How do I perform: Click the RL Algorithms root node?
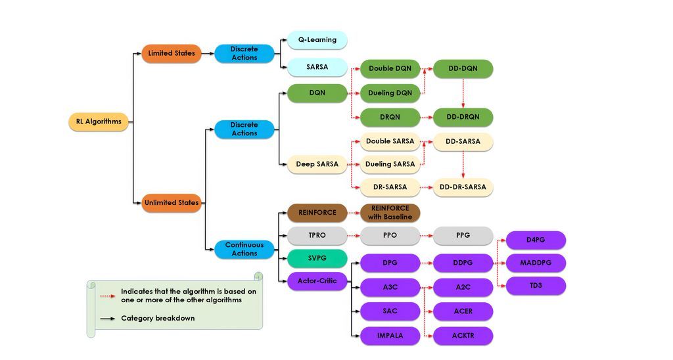click(x=99, y=122)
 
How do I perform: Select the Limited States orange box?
click(x=172, y=53)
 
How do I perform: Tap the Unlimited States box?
click(x=172, y=203)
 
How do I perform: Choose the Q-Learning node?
click(x=317, y=40)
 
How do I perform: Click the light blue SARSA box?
click(x=317, y=67)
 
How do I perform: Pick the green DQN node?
click(x=317, y=93)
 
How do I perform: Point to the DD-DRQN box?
click(x=463, y=118)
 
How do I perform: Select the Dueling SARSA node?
click(x=390, y=164)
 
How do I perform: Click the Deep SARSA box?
click(x=317, y=164)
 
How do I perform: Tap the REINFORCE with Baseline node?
click(x=390, y=213)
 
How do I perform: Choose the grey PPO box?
click(x=390, y=235)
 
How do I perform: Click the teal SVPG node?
click(x=317, y=258)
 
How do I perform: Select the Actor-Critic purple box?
click(x=317, y=281)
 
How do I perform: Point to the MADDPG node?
click(x=536, y=263)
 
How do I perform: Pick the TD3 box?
click(x=536, y=286)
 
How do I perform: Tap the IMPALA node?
click(x=390, y=336)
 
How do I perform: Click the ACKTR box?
click(x=463, y=336)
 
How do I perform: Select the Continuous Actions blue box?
click(x=244, y=249)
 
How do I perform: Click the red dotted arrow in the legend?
click(x=108, y=296)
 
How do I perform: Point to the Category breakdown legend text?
click(x=158, y=319)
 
